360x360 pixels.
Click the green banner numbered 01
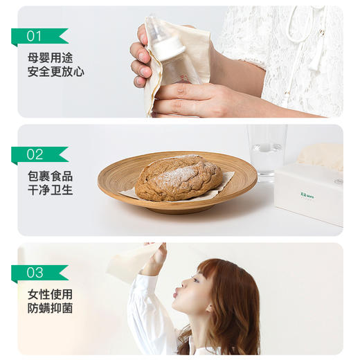click(38, 36)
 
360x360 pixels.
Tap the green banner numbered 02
click(38, 154)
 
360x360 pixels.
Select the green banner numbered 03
click(38, 272)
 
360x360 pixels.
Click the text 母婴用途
click(50, 57)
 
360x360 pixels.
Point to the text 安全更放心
click(55, 71)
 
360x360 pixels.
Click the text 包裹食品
click(50, 176)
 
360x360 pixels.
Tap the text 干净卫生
click(50, 190)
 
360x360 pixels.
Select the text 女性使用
click(50, 294)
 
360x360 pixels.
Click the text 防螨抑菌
click(50, 308)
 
